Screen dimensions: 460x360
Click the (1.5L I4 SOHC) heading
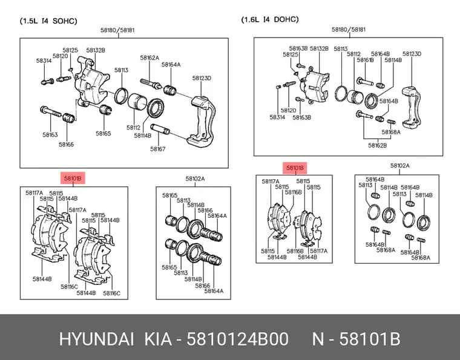pos(48,21)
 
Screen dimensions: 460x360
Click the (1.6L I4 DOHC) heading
pos(270,19)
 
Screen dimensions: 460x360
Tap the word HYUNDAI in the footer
pos(96,339)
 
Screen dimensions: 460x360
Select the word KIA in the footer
pos(158,339)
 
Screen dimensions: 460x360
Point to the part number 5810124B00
pos(238,339)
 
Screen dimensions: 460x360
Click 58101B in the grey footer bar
pos(370,339)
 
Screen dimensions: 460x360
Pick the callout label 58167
pos(158,149)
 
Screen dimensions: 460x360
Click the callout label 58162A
pos(149,57)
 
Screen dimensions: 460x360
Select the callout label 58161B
pos(365,60)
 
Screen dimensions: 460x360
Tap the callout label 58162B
pos(377,145)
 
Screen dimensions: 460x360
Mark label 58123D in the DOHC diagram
pos(412,54)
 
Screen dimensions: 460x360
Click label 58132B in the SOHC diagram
pos(96,50)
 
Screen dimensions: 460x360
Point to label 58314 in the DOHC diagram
pos(277,117)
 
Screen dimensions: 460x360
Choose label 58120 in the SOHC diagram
pos(61,56)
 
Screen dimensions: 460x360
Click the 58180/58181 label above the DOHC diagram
pos(349,29)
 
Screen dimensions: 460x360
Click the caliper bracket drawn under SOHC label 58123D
pos(202,121)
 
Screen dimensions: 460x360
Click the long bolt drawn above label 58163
pos(50,111)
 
